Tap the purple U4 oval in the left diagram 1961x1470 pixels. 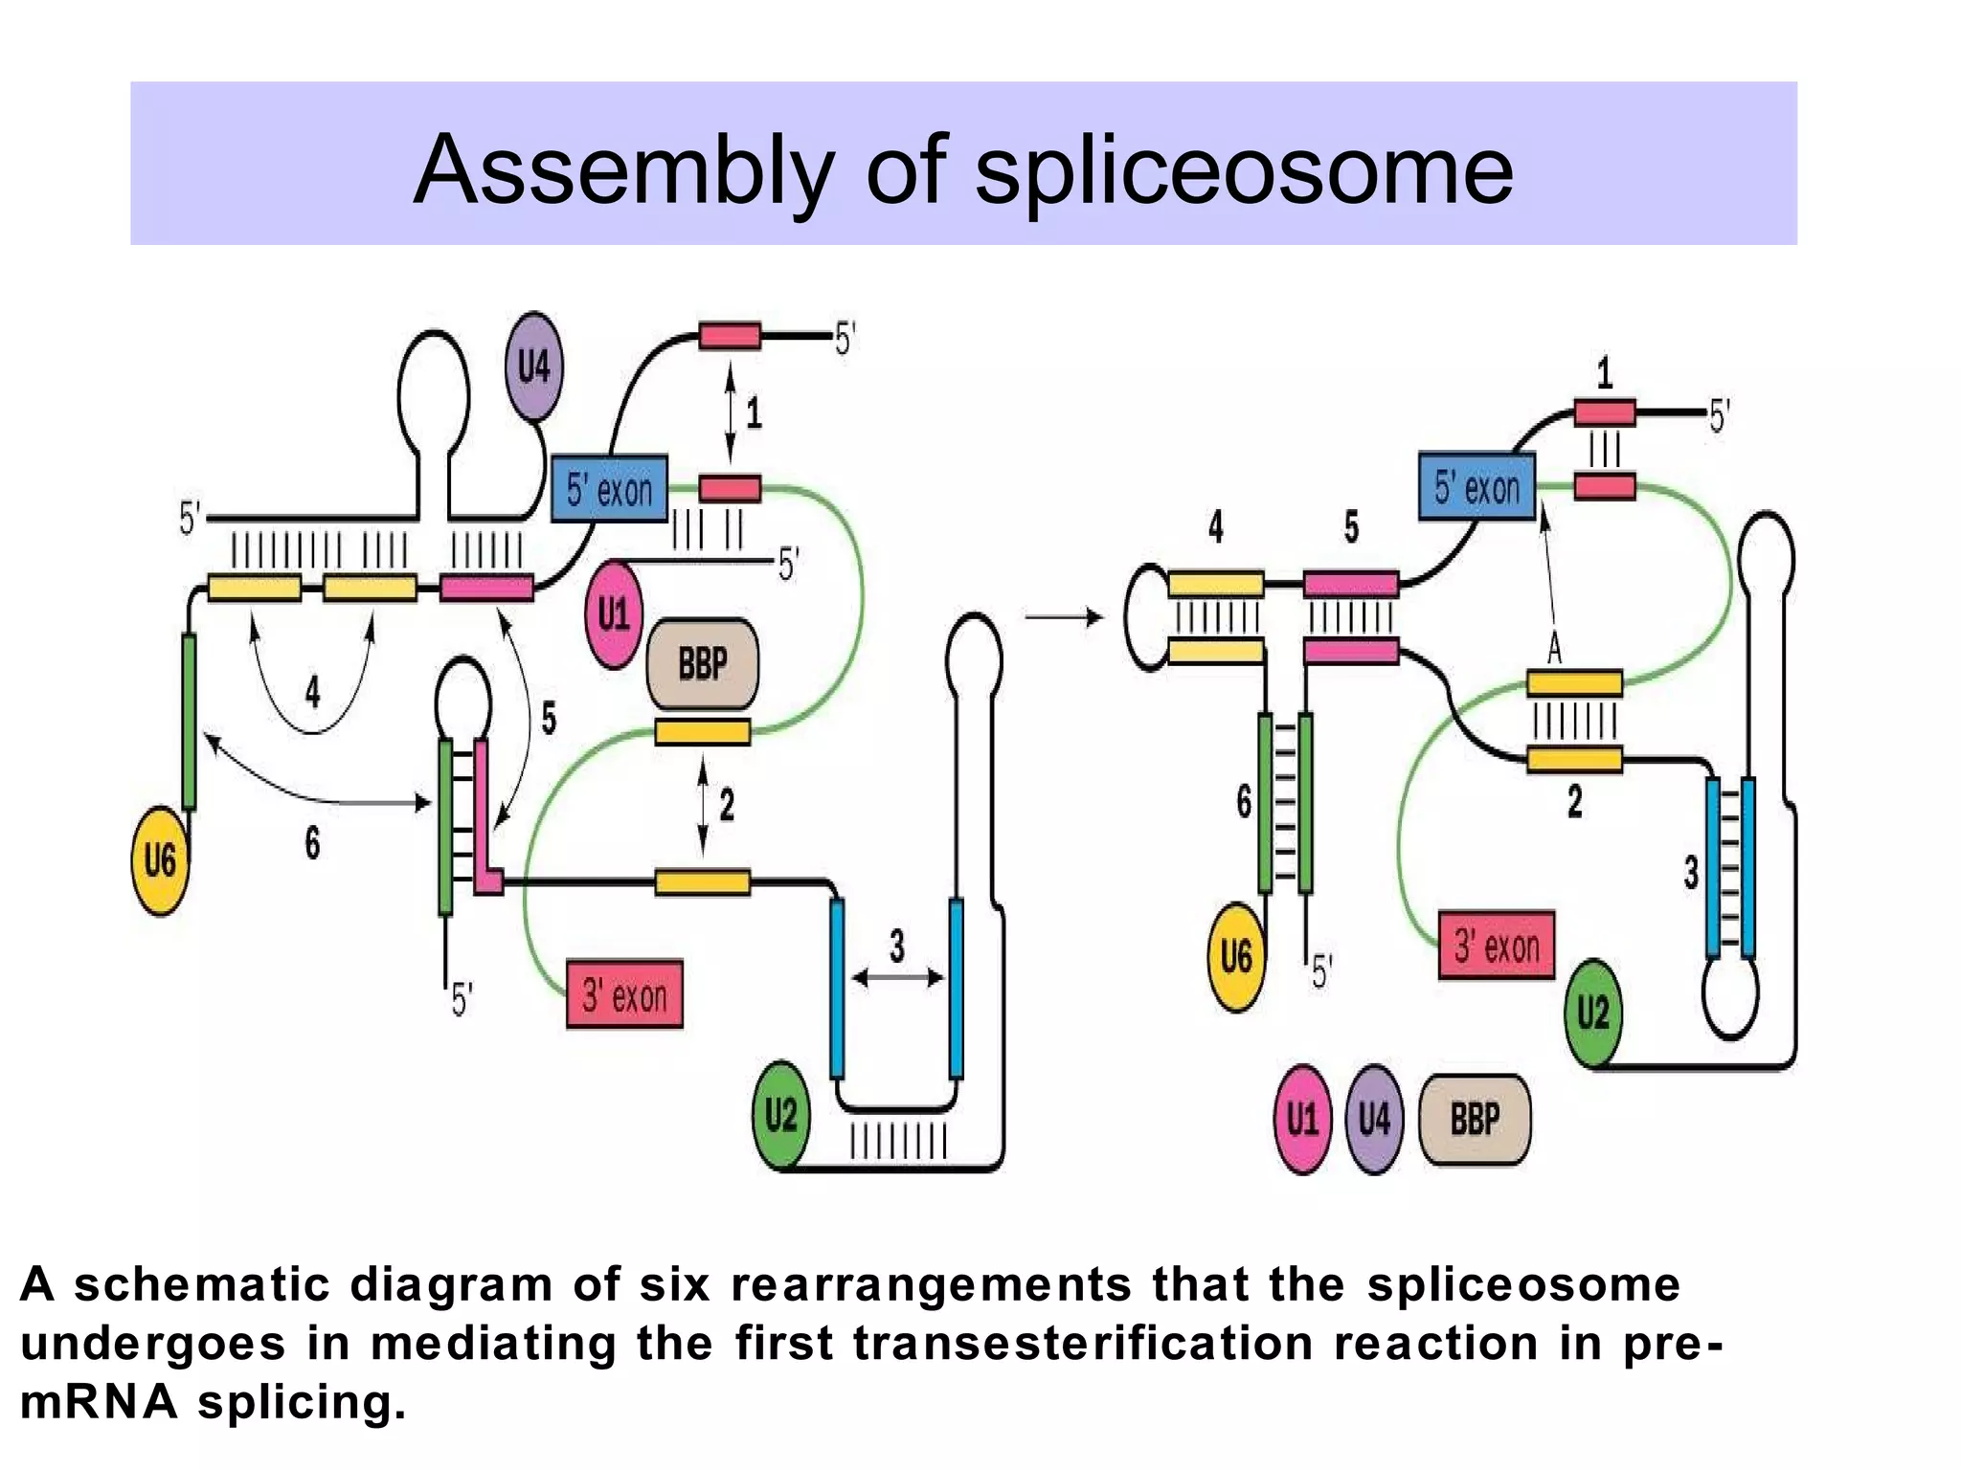[x=533, y=367]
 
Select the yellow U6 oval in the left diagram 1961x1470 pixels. [x=160, y=859]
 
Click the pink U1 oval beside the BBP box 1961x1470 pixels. [x=613, y=613]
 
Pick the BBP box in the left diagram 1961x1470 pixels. [x=703, y=663]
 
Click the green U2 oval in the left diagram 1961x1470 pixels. [x=780, y=1115]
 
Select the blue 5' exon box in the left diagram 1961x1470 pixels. [x=609, y=489]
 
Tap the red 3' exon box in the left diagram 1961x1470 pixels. [x=624, y=995]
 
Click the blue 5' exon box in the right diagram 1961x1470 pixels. [x=1476, y=487]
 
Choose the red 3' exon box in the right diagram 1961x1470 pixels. [x=1497, y=946]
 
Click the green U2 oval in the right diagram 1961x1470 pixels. [x=1593, y=1013]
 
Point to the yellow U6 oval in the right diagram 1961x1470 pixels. [x=1236, y=956]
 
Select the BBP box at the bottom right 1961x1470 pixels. [x=1475, y=1119]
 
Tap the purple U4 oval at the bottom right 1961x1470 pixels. [x=1374, y=1119]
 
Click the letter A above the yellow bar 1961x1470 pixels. [x=1554, y=651]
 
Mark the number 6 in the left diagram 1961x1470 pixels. [x=312, y=843]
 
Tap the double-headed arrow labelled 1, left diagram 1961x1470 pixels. [x=731, y=412]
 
